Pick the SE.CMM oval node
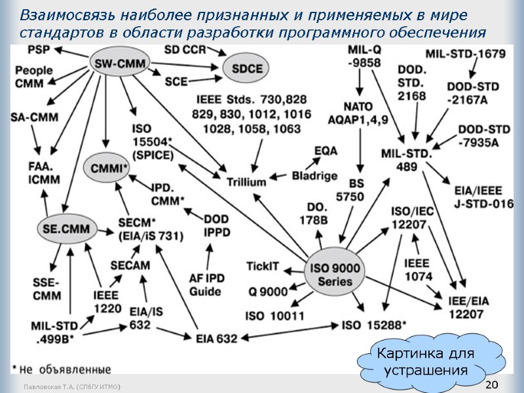click(x=66, y=228)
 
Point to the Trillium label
click(x=246, y=181)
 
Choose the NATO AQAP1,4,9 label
click(x=365, y=112)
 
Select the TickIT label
click(x=263, y=266)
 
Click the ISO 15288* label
click(x=374, y=324)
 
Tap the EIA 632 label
click(x=217, y=338)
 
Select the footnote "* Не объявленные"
click(x=61, y=368)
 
